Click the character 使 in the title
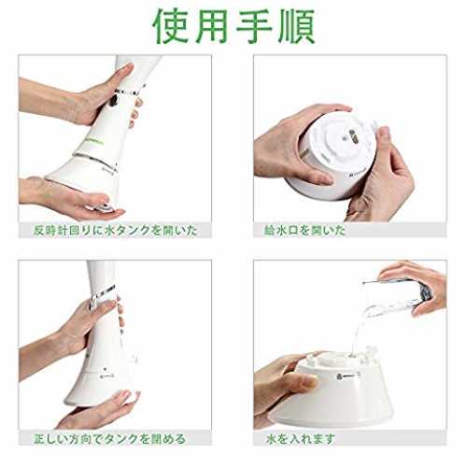171,26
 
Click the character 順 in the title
296,26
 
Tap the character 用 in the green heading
213,26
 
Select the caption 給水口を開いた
305,231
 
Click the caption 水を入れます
301,439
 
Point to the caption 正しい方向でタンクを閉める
109,439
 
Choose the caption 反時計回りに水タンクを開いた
116,231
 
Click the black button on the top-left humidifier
113,100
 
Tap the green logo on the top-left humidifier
94,142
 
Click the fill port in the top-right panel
353,135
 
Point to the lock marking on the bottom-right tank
348,376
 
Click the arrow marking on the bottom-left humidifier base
106,376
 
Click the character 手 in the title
254,26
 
